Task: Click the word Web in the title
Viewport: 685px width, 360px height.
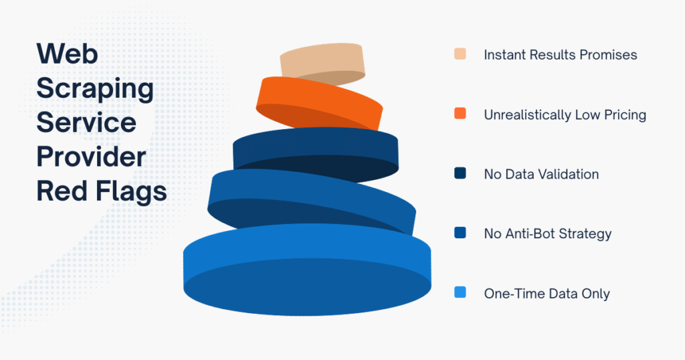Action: [x=68, y=53]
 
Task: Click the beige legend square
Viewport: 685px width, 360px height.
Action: [x=460, y=54]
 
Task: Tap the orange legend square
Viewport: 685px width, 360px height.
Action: [x=460, y=114]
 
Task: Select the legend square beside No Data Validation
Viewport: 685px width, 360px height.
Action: [x=460, y=174]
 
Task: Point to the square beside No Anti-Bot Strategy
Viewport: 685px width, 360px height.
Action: [x=460, y=234]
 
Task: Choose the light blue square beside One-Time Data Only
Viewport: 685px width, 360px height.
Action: [x=460, y=293]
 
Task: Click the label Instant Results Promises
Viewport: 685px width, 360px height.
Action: [x=560, y=54]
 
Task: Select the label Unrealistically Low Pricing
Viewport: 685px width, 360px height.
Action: [x=565, y=114]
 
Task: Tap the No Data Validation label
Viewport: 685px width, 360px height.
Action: [x=541, y=174]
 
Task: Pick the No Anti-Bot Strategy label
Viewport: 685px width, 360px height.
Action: [x=547, y=234]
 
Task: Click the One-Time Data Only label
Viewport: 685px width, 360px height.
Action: [x=546, y=293]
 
